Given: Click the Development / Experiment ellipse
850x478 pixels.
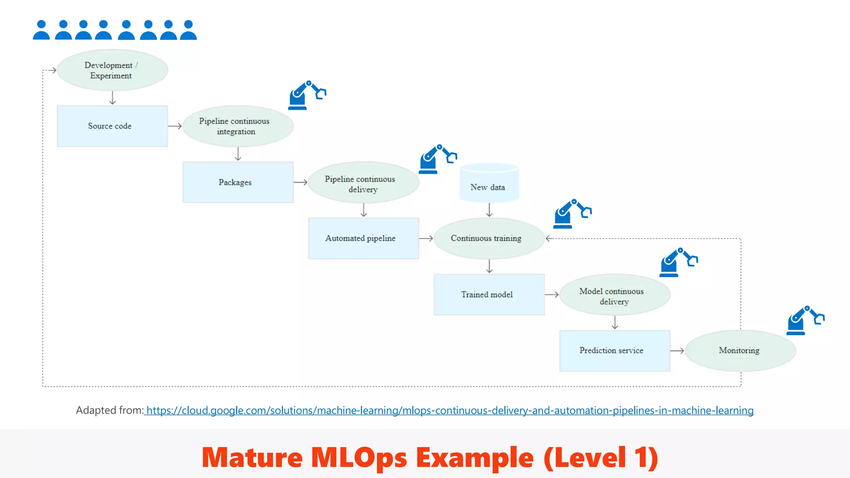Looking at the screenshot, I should pyautogui.click(x=112, y=70).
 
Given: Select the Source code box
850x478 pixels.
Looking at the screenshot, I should pyautogui.click(x=112, y=126).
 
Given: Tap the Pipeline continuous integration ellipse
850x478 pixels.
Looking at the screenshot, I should pyautogui.click(x=238, y=126).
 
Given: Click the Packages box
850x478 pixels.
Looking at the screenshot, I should pyautogui.click(x=238, y=182).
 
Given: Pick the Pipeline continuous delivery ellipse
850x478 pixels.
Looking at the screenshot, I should pyautogui.click(x=364, y=183).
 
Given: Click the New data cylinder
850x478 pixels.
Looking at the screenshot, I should pyautogui.click(x=489, y=185).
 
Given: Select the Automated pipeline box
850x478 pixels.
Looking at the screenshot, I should pyautogui.click(x=363, y=239).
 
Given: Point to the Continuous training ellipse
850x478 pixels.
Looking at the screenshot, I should pyautogui.click(x=489, y=239).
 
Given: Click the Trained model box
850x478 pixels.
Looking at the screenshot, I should pyautogui.click(x=489, y=295).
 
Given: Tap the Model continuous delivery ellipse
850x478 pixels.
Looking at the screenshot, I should pyautogui.click(x=615, y=295).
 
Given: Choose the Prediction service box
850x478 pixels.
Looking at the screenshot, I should pyautogui.click(x=615, y=351).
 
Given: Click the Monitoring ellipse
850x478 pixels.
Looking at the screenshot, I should pyautogui.click(x=740, y=351).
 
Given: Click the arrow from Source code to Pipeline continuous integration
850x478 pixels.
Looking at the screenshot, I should pyautogui.click(x=175, y=126).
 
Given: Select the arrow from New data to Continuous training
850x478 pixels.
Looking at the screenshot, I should pyautogui.click(x=489, y=210).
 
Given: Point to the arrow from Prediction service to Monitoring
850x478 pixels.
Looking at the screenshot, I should pyautogui.click(x=677, y=351).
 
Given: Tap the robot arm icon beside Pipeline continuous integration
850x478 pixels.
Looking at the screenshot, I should pyautogui.click(x=306, y=95).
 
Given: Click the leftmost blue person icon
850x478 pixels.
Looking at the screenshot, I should pyautogui.click(x=41, y=30).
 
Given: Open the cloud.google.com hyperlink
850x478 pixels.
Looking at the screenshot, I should pyautogui.click(x=449, y=410).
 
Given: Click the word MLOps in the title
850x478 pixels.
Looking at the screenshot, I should pyautogui.click(x=359, y=458).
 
